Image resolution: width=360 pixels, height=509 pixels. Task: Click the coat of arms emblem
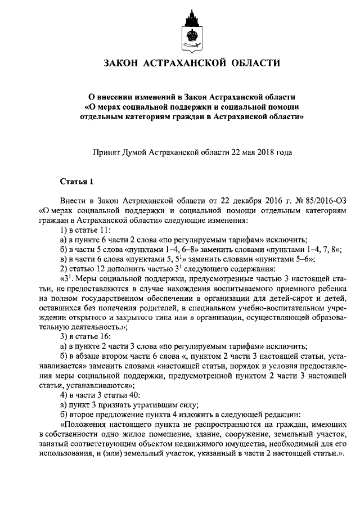tap(190, 28)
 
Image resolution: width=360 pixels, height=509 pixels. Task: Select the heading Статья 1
tap(75, 181)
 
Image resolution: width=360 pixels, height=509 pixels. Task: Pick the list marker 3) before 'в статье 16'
tap(64, 336)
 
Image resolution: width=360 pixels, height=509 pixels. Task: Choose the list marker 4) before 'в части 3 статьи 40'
tap(64, 394)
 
